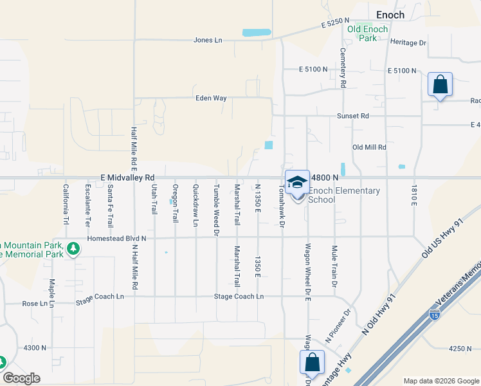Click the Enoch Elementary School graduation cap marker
click(x=297, y=182)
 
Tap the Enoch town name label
click(x=390, y=15)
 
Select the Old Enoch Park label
click(x=368, y=33)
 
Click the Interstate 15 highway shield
click(x=435, y=315)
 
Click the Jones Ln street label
click(x=208, y=40)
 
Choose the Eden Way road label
click(x=212, y=98)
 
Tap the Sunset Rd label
click(x=354, y=116)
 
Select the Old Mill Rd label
click(x=369, y=147)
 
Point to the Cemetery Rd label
click(x=343, y=68)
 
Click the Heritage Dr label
click(x=408, y=42)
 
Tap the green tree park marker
click(x=73, y=248)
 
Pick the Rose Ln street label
click(x=35, y=304)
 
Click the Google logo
click(x=21, y=378)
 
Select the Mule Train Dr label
click(x=334, y=261)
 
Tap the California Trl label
click(x=65, y=204)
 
